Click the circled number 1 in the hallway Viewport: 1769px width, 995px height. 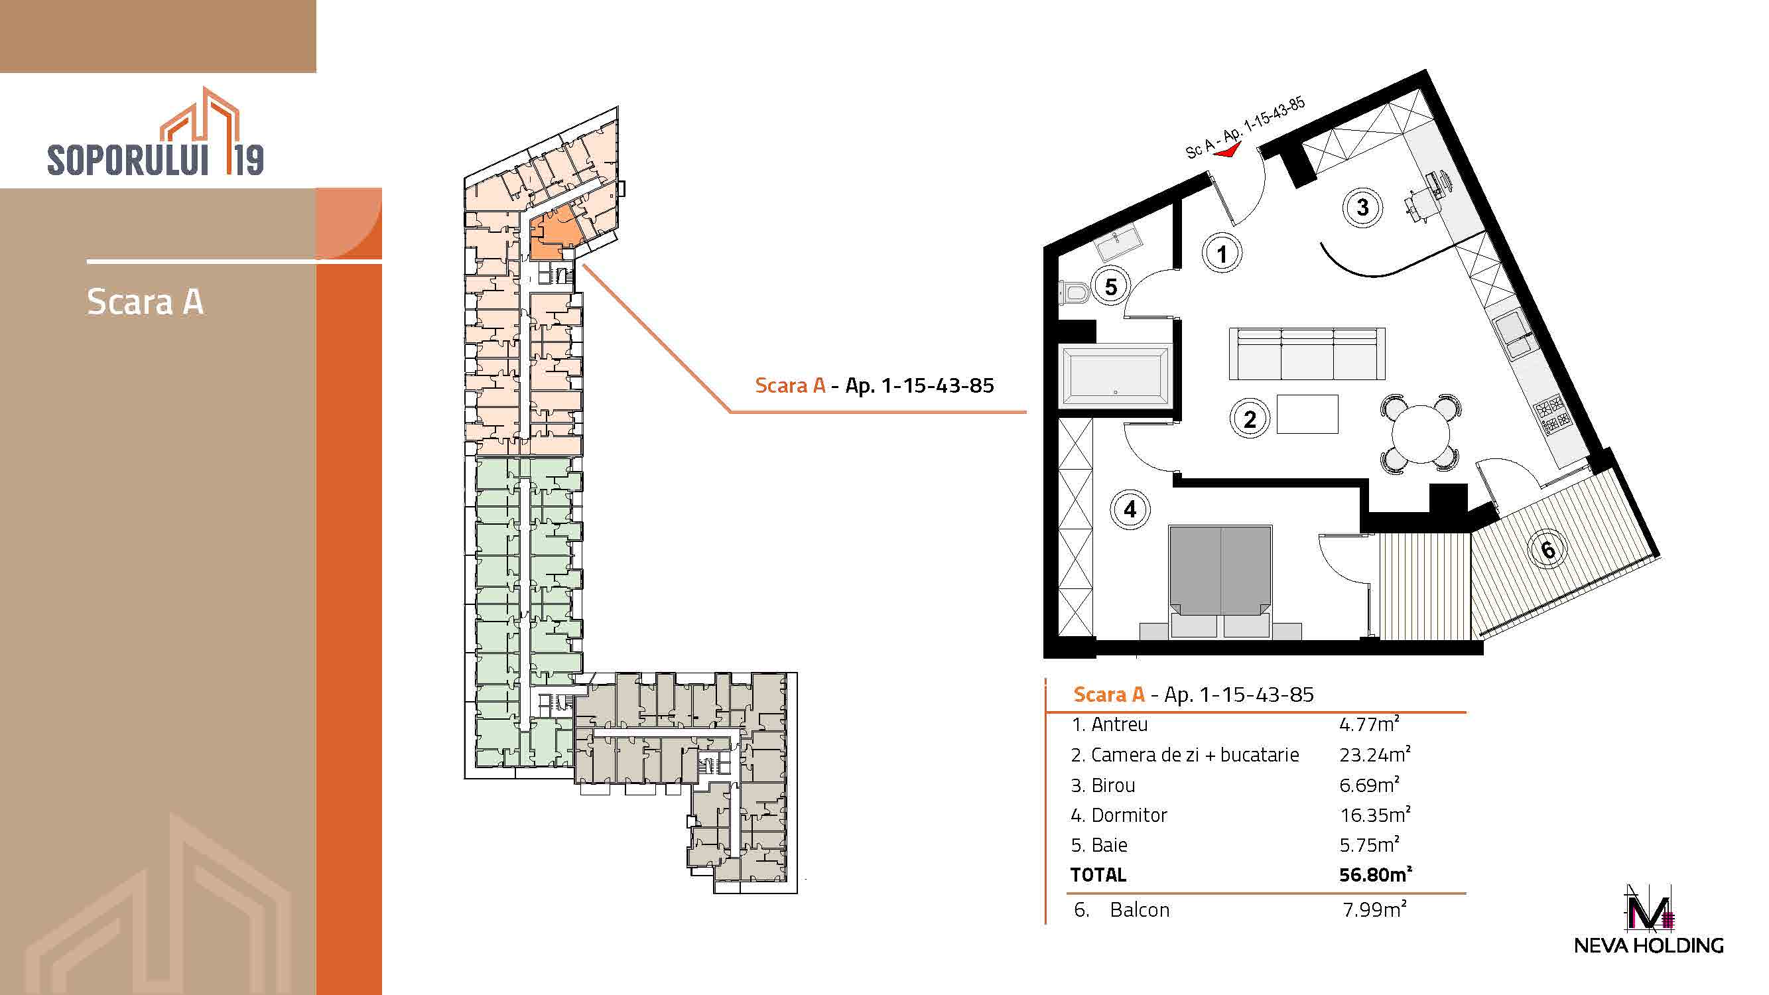click(1221, 253)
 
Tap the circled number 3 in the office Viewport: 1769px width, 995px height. click(1362, 208)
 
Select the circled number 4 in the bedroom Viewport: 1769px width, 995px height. click(1130, 509)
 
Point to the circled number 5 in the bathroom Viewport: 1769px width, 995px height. click(1110, 287)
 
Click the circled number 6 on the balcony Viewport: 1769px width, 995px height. click(1549, 549)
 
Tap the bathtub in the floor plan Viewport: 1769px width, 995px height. click(1115, 375)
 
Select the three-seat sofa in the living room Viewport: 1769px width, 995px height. click(1307, 354)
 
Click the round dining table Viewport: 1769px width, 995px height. click(1420, 434)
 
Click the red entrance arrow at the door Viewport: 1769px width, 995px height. click(1227, 151)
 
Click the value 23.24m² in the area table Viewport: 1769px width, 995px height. click(1375, 755)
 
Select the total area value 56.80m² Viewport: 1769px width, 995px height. click(1375, 874)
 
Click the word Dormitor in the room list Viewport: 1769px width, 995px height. click(1129, 815)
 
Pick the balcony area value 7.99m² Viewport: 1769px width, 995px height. click(1374, 909)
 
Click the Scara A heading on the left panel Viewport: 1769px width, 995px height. click(145, 301)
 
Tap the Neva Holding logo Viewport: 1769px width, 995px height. click(1649, 919)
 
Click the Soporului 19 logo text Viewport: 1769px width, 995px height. click(155, 159)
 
